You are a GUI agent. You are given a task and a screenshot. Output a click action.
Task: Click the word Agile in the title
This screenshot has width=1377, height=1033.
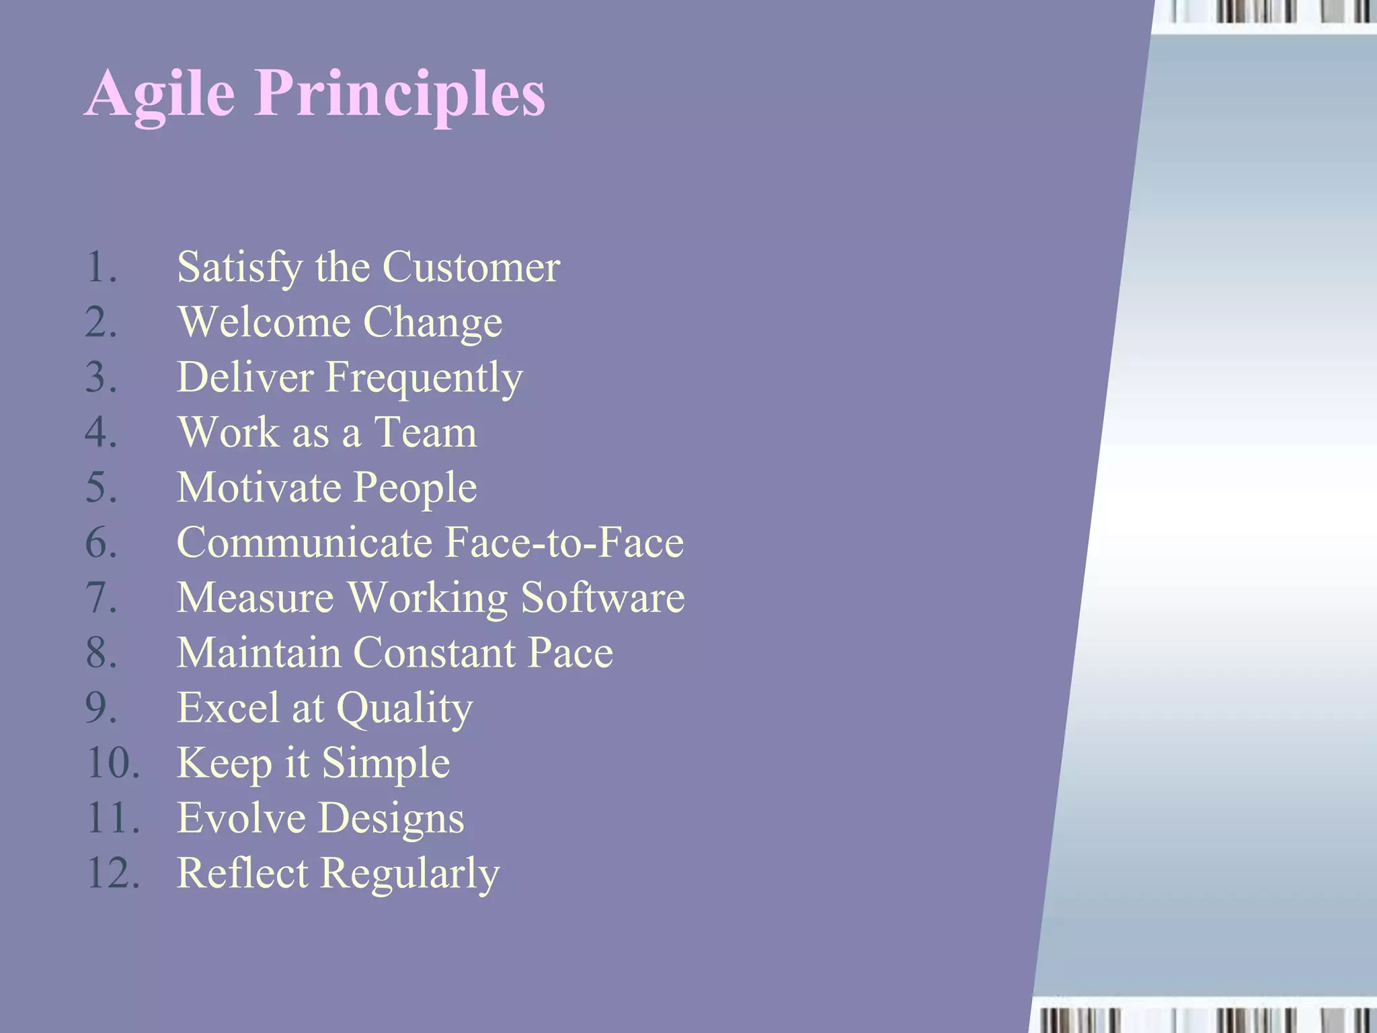tap(160, 94)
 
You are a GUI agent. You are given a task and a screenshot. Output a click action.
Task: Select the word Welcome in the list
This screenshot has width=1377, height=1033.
tap(264, 322)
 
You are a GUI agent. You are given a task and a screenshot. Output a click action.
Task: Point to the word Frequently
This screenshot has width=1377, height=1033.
tap(424, 378)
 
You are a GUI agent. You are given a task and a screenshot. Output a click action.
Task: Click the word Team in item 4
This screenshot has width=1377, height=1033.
tap(425, 432)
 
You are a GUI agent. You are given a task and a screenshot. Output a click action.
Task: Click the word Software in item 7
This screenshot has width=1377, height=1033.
tap(602, 598)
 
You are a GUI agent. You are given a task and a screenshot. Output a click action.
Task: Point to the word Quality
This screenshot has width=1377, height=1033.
tap(404, 709)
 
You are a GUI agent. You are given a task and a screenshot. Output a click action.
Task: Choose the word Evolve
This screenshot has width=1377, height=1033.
tap(241, 818)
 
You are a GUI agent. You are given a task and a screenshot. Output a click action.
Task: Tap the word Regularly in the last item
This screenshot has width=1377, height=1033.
tap(409, 874)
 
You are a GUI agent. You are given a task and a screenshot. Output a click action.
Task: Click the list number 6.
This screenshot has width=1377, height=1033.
tap(101, 543)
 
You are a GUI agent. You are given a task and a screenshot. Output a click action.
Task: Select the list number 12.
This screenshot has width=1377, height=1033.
tap(113, 874)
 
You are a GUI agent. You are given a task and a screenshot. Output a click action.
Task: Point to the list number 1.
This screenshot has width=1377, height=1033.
tap(101, 268)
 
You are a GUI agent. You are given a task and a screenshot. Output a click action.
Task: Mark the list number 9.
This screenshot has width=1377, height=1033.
tap(101, 708)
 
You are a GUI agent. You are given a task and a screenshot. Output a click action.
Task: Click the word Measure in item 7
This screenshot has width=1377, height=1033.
tap(255, 598)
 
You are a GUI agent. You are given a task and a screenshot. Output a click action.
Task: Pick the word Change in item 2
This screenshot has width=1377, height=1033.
tap(432, 323)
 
